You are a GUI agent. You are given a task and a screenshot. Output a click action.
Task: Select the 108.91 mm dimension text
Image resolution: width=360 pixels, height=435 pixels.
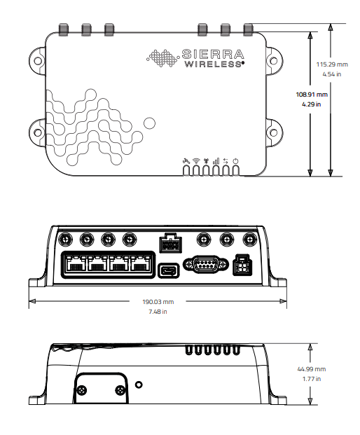click(x=312, y=95)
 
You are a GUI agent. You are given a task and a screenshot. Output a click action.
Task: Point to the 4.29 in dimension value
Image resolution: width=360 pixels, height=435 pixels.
click(x=312, y=104)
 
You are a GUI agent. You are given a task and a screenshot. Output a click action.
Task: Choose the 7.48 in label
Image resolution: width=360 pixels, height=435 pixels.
click(x=158, y=312)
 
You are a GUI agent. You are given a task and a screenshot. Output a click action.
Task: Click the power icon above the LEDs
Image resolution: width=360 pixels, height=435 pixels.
click(x=236, y=161)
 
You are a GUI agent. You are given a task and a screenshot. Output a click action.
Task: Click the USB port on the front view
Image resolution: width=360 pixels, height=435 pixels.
click(x=168, y=270)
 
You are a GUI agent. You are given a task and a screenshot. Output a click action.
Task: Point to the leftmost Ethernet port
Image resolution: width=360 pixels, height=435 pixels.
click(x=76, y=265)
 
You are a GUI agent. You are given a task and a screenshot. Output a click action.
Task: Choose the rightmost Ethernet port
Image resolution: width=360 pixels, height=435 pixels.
click(x=142, y=265)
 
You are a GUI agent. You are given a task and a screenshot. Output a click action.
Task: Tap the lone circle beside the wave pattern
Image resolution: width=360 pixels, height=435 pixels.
click(x=149, y=123)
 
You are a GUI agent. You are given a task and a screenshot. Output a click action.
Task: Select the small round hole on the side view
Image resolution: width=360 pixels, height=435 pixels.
click(x=139, y=385)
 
